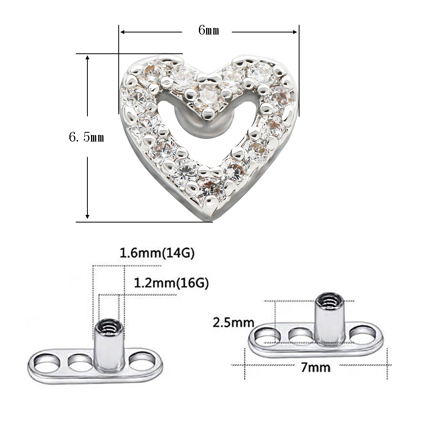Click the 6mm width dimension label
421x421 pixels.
click(208, 31)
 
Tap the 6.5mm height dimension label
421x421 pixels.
click(87, 138)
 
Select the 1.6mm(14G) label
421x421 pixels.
click(157, 253)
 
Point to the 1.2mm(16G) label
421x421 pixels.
click(171, 283)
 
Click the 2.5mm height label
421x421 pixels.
click(233, 322)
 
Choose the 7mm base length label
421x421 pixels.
click(316, 366)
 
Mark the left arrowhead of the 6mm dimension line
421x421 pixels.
click(122, 32)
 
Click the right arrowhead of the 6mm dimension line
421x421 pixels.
click(296, 32)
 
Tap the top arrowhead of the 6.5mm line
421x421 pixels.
click(87, 57)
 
